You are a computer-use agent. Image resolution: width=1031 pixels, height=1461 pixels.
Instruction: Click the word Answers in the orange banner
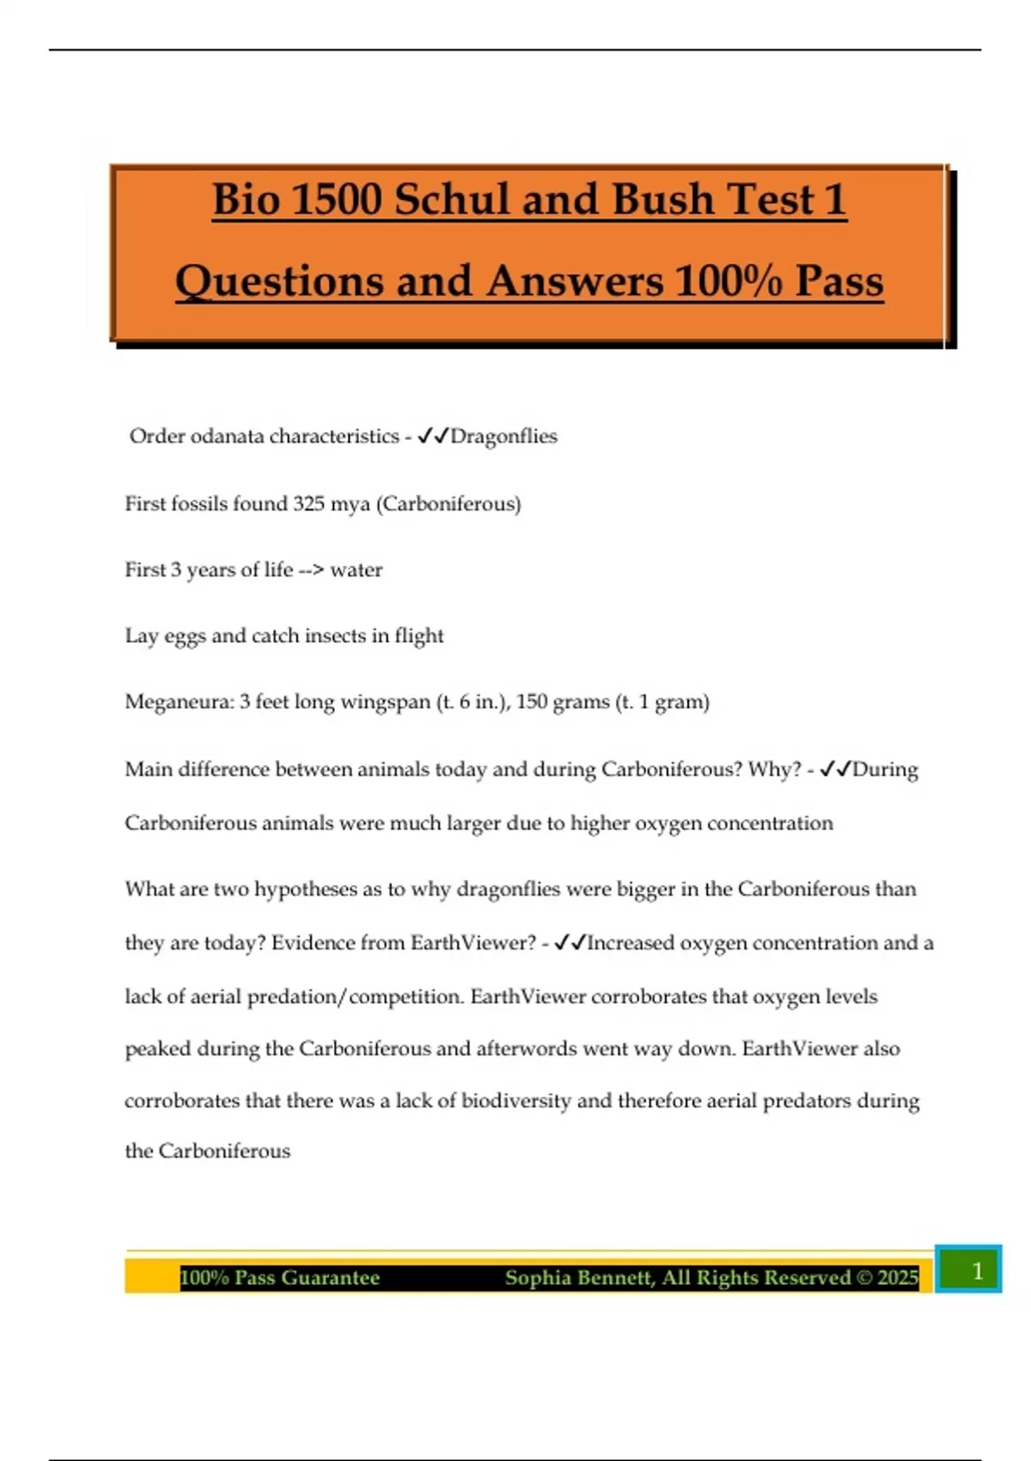pyautogui.click(x=574, y=282)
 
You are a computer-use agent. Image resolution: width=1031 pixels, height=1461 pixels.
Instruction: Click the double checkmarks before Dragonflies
pyautogui.click(x=433, y=437)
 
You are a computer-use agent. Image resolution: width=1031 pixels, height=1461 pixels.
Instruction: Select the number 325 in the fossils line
pyautogui.click(x=308, y=504)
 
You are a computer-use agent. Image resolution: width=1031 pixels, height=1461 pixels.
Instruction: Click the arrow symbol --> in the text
pyautogui.click(x=311, y=570)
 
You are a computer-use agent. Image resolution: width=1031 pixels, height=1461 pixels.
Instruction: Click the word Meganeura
pyautogui.click(x=178, y=702)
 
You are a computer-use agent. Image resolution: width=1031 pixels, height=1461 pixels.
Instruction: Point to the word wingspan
pyautogui.click(x=385, y=702)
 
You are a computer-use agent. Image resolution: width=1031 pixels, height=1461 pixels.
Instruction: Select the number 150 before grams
pyautogui.click(x=531, y=702)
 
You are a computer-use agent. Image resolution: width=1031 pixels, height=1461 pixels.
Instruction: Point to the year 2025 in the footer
pyautogui.click(x=898, y=1278)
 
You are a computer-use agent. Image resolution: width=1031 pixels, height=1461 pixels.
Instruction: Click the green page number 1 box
pyautogui.click(x=968, y=1269)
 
